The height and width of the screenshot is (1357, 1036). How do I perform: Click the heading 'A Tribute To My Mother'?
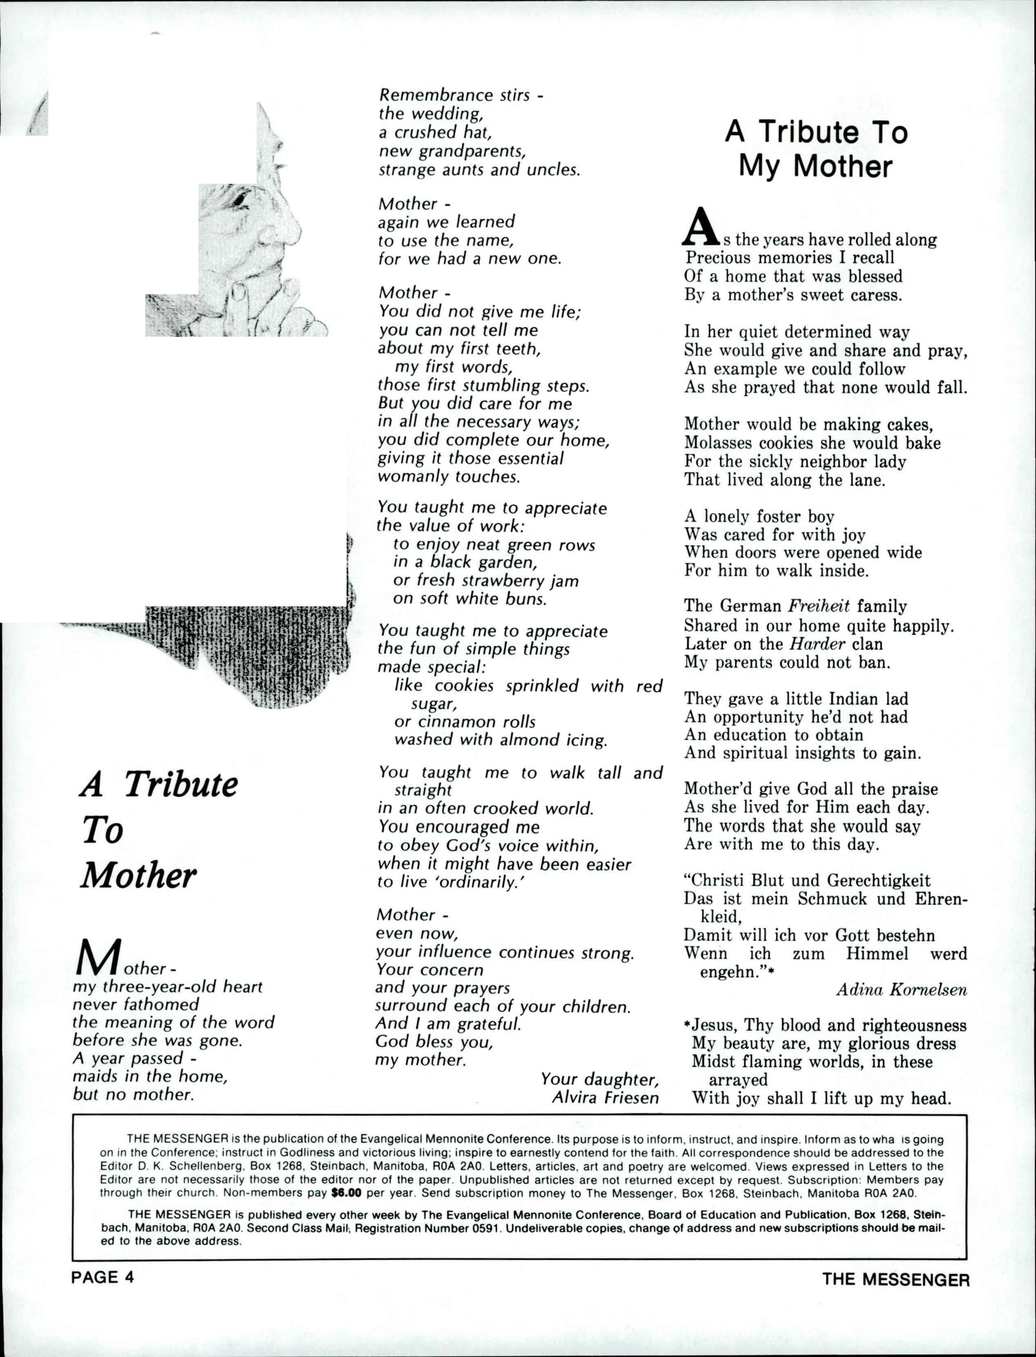[816, 149]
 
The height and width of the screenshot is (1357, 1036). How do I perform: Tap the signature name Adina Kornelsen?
[902, 990]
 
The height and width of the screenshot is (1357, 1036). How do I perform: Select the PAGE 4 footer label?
[102, 1277]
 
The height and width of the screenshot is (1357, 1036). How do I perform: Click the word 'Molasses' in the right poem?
[719, 443]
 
